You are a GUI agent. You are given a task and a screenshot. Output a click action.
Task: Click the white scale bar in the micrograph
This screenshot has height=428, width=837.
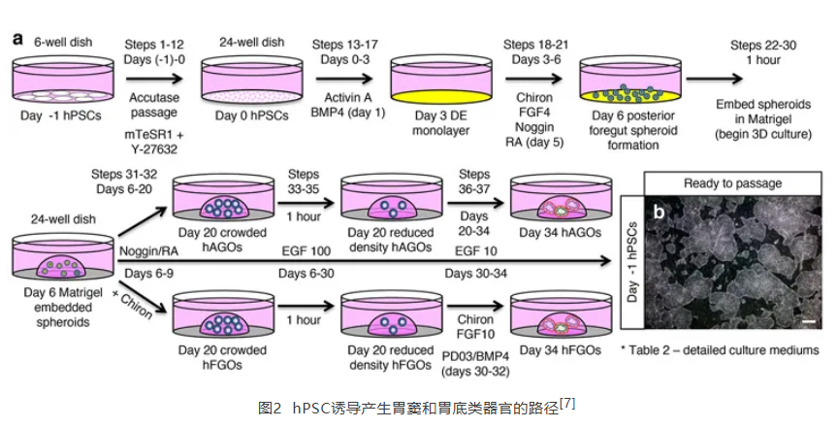(x=806, y=319)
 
